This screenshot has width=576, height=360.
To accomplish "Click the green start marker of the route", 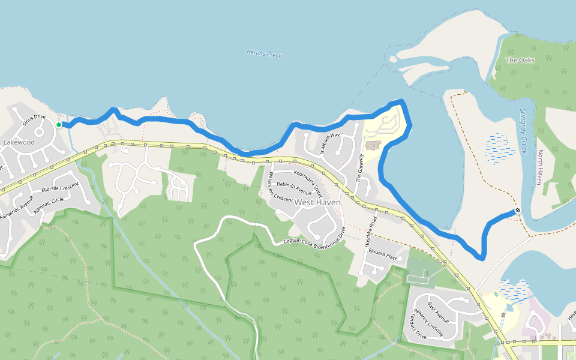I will pyautogui.click(x=59, y=125).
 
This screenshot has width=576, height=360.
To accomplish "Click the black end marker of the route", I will pyautogui.click(x=517, y=211).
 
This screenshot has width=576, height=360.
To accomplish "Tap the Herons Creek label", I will pyautogui.click(x=264, y=54).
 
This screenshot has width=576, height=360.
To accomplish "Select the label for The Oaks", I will pyautogui.click(x=520, y=60).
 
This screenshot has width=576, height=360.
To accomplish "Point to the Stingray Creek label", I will pyautogui.click(x=523, y=131).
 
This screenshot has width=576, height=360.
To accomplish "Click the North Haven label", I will pyautogui.click(x=540, y=167).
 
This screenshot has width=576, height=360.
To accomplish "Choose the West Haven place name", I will pyautogui.click(x=317, y=203).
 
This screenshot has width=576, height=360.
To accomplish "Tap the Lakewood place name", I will pyautogui.click(x=19, y=143).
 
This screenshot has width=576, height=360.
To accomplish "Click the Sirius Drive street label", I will pyautogui.click(x=34, y=119).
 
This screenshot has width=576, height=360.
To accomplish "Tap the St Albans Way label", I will pyautogui.click(x=329, y=143).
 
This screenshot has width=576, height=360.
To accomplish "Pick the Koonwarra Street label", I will pyautogui.click(x=308, y=184).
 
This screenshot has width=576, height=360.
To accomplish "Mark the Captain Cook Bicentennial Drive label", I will pyautogui.click(x=314, y=237).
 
